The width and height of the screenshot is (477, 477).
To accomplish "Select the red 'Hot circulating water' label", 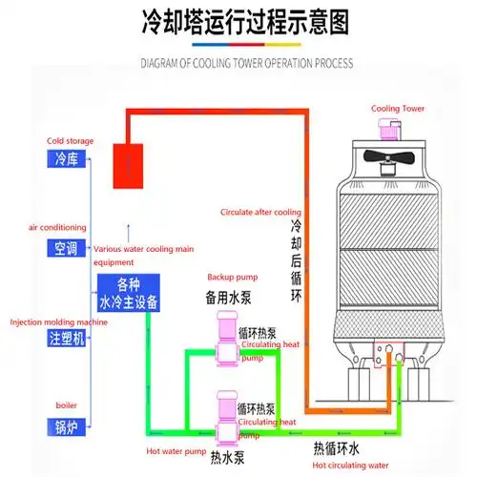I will click(x=352, y=465).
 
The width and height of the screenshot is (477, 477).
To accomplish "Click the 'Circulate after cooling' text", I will click(x=260, y=212).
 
